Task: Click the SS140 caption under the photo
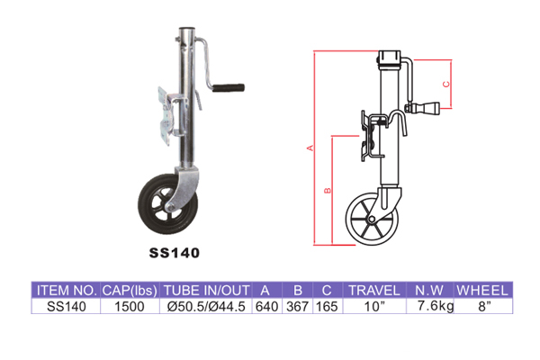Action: tap(175, 253)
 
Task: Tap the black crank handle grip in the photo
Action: tap(228, 87)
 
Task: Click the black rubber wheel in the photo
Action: tap(167, 204)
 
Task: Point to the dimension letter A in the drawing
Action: tap(310, 148)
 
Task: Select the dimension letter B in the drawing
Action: tap(328, 190)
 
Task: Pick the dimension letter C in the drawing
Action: tap(446, 84)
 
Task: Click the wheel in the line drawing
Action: tap(372, 219)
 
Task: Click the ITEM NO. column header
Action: tap(67, 291)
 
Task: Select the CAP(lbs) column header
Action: tap(130, 291)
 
